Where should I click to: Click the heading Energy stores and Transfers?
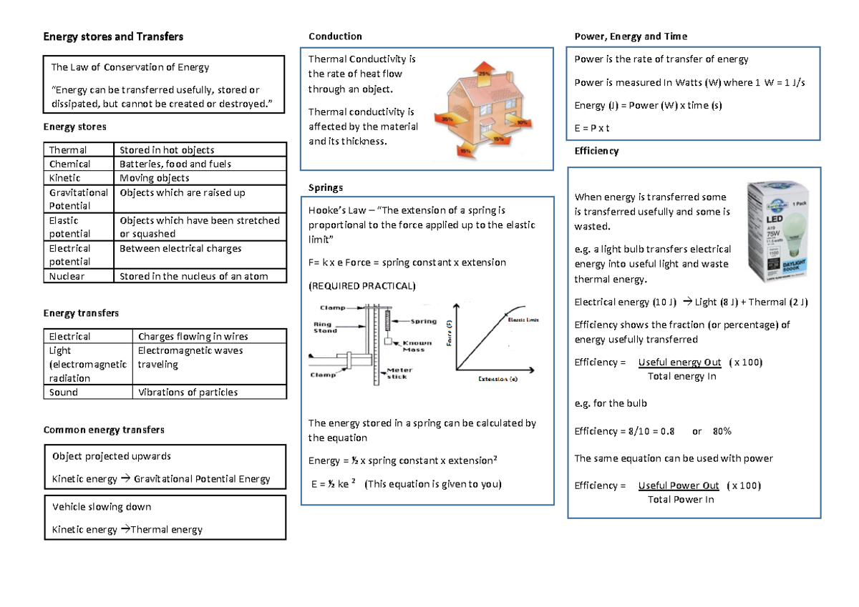pyautogui.click(x=113, y=36)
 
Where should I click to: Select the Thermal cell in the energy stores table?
pyautogui.click(x=68, y=150)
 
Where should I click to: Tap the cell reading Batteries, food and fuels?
pyautogui.click(x=175, y=164)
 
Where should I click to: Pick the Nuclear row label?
pyautogui.click(x=67, y=276)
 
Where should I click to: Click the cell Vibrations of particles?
pyautogui.click(x=188, y=392)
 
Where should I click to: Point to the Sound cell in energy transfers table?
pyautogui.click(x=64, y=392)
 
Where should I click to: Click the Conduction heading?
pyautogui.click(x=335, y=36)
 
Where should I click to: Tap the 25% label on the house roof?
pyautogui.click(x=485, y=73)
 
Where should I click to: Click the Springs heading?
pyautogui.click(x=326, y=187)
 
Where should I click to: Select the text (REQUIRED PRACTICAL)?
pyautogui.click(x=361, y=286)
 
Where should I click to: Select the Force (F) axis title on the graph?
pyautogui.click(x=450, y=332)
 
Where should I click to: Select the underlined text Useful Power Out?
pyautogui.click(x=679, y=485)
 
